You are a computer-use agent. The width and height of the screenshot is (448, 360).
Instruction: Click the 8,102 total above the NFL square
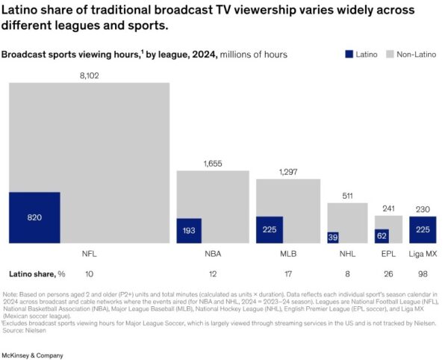(90, 75)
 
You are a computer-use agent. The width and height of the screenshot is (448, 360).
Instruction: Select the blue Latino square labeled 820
(34, 217)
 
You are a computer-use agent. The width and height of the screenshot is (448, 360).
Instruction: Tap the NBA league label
(212, 254)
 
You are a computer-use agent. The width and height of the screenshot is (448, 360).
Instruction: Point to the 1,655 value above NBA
(212, 164)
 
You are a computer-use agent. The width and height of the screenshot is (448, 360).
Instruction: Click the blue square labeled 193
(189, 231)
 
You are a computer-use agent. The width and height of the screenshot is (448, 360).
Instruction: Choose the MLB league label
(288, 254)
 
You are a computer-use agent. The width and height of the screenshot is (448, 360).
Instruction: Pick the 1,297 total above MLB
(288, 172)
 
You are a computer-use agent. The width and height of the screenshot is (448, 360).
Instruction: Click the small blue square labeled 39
(333, 237)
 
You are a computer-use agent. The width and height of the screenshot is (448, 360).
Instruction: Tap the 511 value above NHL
(348, 196)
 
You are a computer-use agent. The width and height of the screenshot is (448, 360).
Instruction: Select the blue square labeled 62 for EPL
(382, 235)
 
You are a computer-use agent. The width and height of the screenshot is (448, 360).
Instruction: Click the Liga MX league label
(422, 254)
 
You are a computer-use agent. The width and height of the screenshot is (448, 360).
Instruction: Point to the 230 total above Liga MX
(422, 209)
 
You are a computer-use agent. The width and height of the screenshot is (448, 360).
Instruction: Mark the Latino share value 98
(422, 273)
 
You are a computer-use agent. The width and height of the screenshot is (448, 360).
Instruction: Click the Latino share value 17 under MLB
(288, 273)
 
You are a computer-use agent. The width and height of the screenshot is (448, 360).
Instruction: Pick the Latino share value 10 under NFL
(90, 273)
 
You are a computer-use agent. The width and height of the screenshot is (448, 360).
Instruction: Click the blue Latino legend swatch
(349, 55)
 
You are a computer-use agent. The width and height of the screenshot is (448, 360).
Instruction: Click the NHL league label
(348, 254)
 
